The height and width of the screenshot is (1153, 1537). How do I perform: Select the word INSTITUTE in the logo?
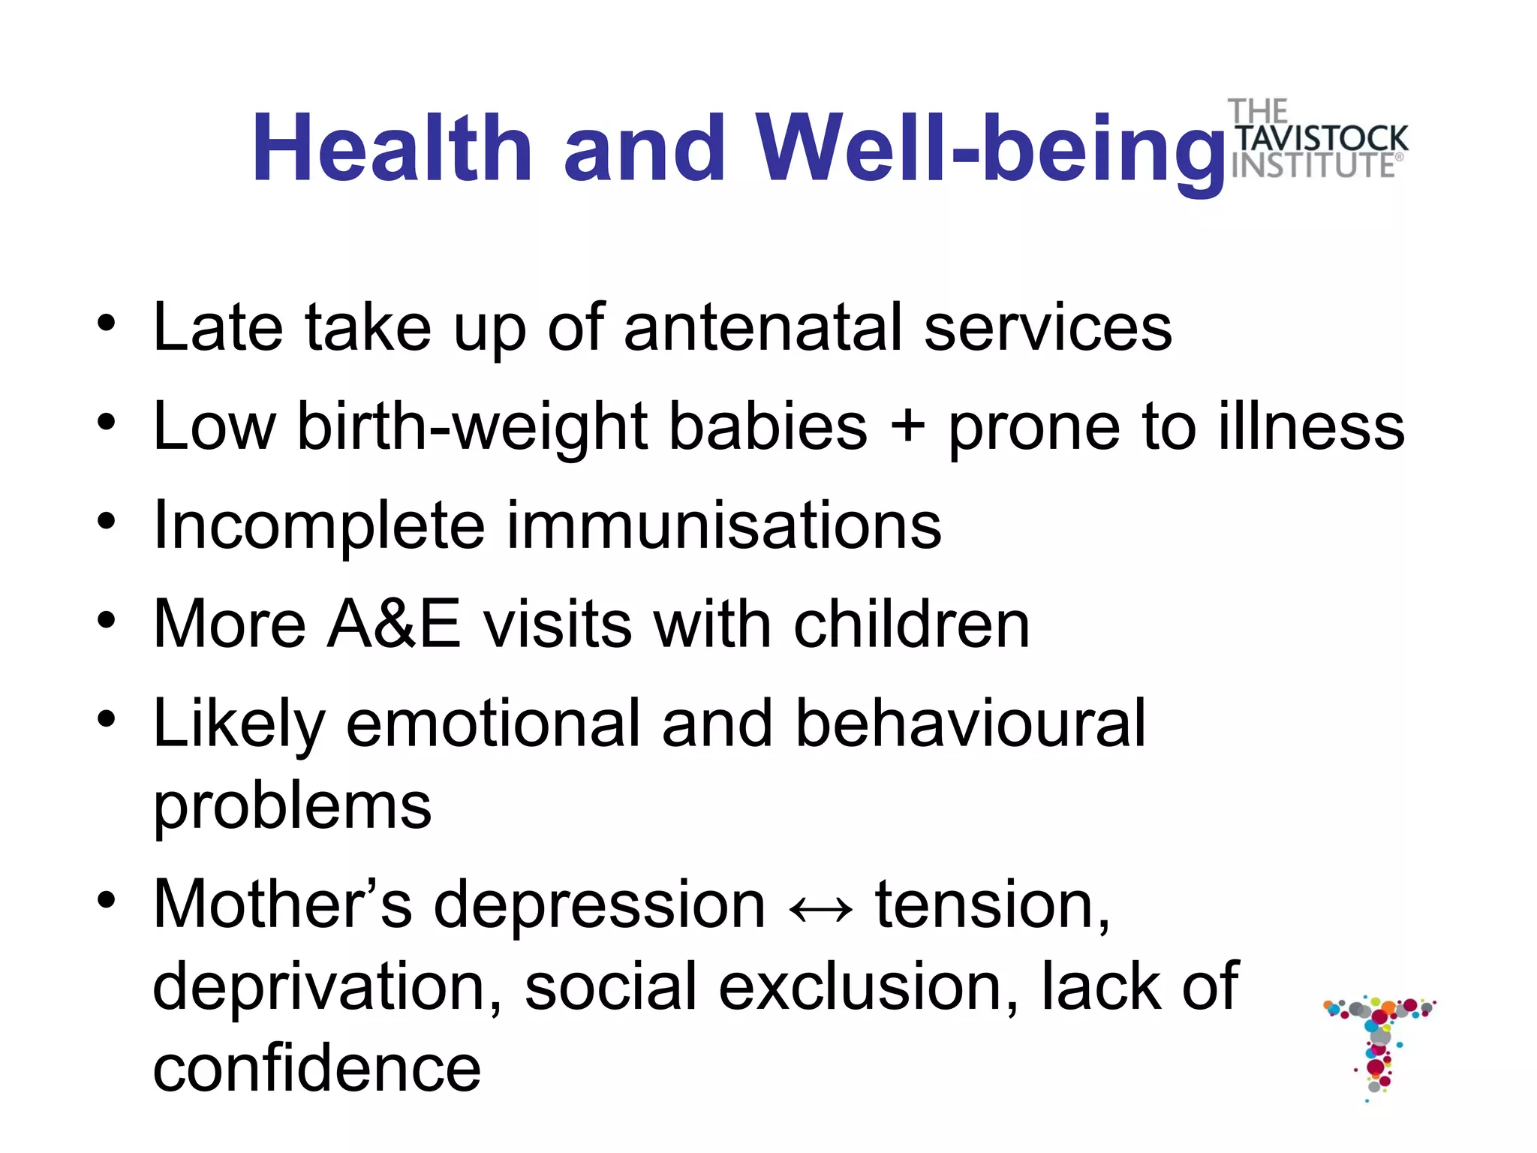tap(1313, 166)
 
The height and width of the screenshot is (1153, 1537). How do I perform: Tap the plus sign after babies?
tap(907, 425)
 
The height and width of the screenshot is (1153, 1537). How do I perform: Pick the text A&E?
tap(394, 624)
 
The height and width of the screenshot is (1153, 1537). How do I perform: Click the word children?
tap(912, 624)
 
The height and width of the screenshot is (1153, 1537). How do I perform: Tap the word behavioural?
tap(970, 722)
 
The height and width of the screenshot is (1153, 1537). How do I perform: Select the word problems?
tap(293, 807)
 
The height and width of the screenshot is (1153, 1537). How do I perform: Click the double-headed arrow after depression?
tap(821, 910)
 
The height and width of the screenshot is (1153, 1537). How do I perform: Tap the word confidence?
tap(317, 1068)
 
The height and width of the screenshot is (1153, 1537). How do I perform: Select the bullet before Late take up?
tap(107, 324)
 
